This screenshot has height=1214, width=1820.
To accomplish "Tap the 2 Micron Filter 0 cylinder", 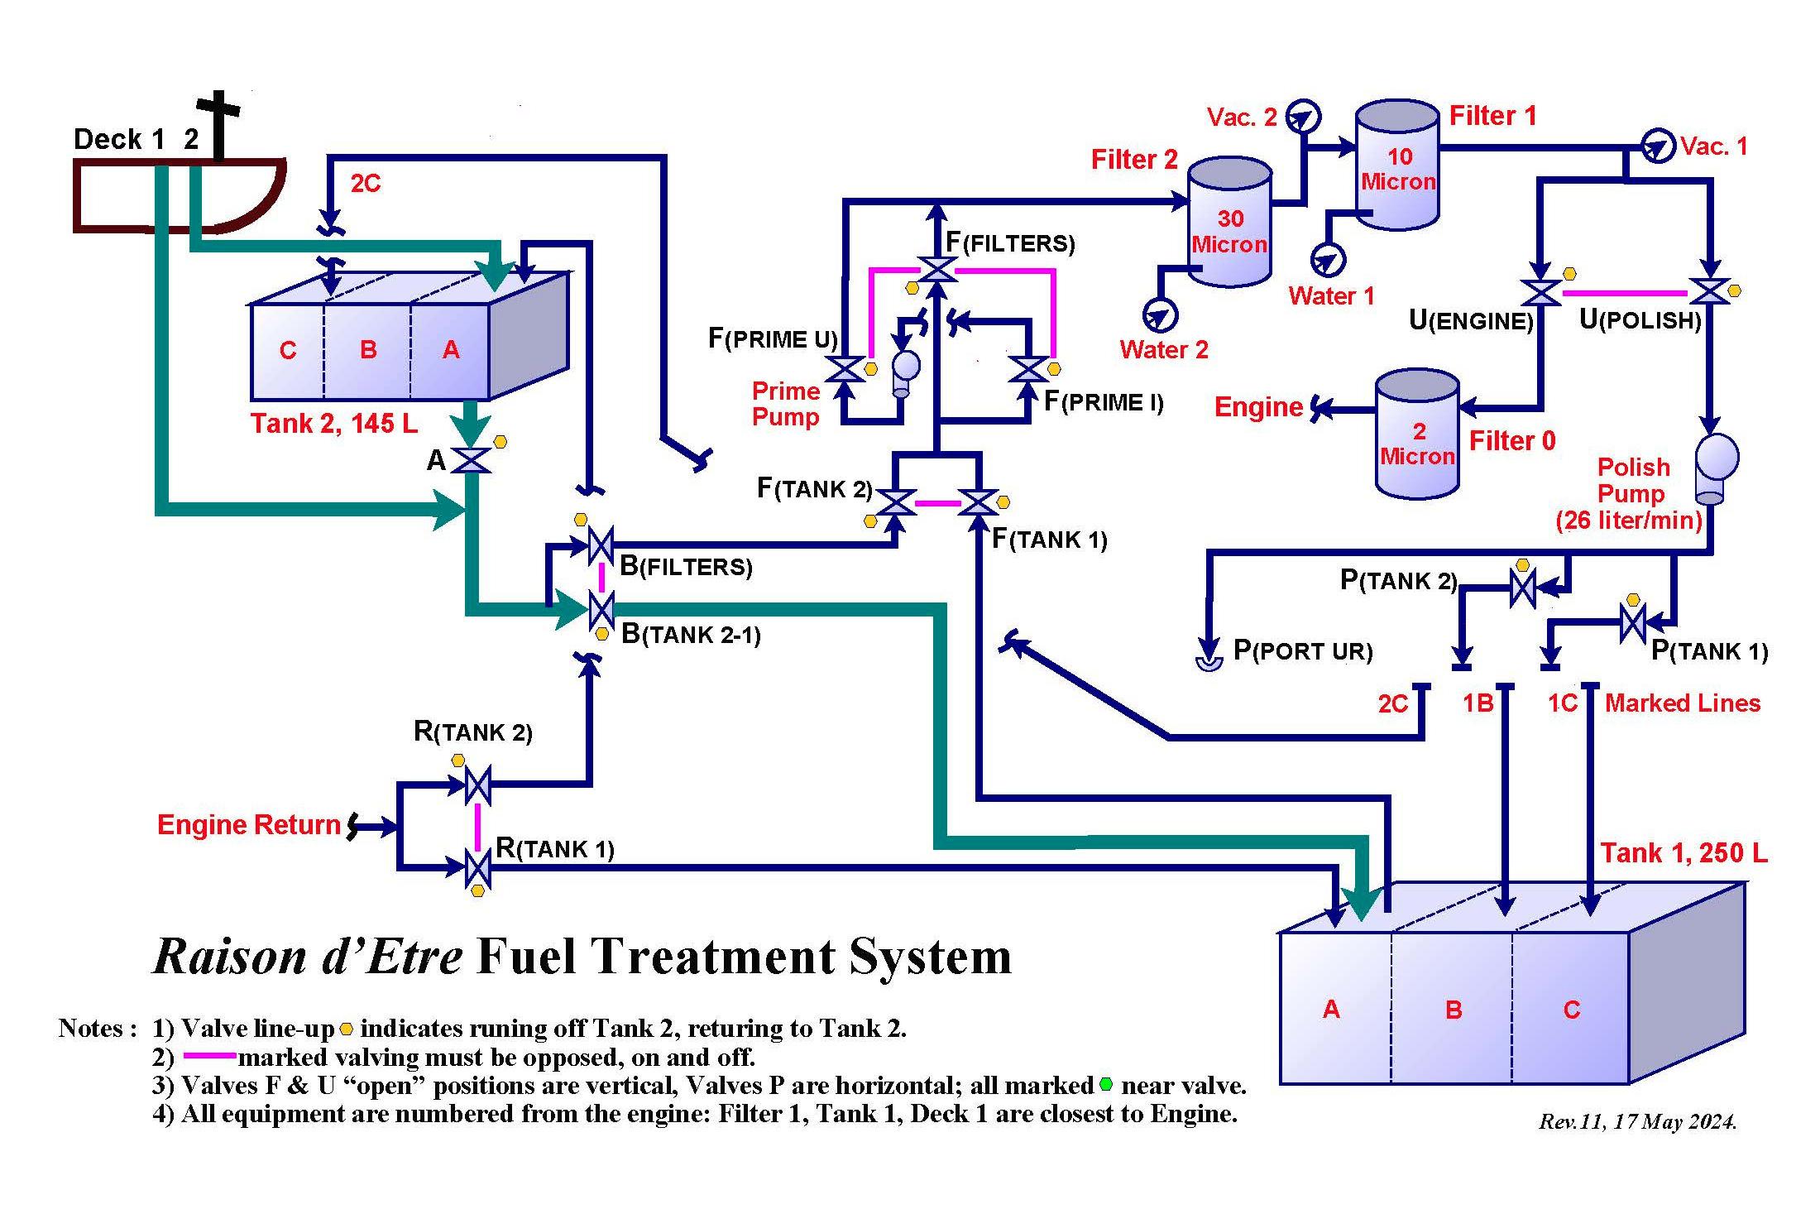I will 1417,436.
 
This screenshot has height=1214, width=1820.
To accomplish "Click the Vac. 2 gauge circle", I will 1305,116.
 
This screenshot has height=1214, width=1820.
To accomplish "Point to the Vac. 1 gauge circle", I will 1658,147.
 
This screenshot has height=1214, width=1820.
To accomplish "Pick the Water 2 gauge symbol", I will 1159,314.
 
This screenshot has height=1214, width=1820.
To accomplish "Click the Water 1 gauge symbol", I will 1328,260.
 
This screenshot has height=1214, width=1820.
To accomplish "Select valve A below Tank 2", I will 473,460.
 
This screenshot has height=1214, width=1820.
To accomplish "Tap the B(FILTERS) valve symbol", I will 601,545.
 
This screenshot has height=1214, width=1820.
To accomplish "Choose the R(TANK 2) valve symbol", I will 477,785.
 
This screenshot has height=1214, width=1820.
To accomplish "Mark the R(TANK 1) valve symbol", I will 477,868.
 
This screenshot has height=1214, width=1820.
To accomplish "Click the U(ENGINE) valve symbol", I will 1540,292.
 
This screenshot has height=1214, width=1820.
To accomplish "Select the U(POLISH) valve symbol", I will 1709,292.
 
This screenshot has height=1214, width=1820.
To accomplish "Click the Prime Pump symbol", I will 905,370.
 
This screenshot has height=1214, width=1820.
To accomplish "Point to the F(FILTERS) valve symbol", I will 937,270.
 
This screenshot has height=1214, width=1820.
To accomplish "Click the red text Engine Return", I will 248,825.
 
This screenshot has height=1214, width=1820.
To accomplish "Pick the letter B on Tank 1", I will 1454,1010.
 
